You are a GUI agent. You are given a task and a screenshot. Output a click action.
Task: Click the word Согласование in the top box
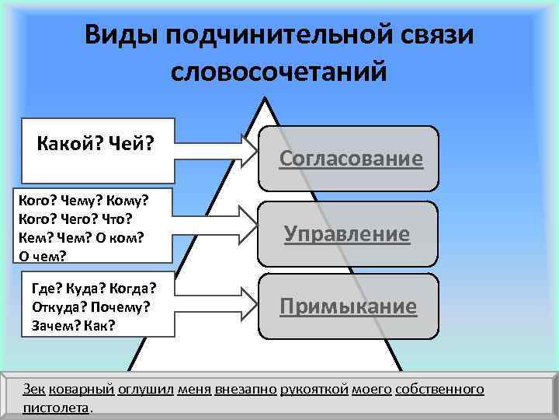tap(351, 159)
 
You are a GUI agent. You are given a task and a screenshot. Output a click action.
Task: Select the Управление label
tap(346, 233)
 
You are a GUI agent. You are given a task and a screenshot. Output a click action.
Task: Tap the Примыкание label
tap(348, 306)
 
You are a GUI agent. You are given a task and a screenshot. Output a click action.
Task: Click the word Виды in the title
tap(116, 35)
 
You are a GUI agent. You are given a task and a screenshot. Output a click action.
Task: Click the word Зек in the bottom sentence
tap(34, 389)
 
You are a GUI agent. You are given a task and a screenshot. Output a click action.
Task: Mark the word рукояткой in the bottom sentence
tap(325, 389)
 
